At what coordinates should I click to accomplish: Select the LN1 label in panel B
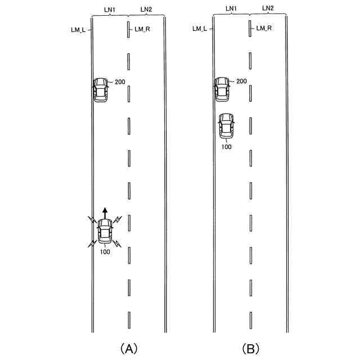(231, 8)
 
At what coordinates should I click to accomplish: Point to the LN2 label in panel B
(268, 8)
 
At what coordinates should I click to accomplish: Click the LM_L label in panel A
(79, 29)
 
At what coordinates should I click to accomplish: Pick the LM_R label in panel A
(141, 29)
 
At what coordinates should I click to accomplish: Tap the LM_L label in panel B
(200, 28)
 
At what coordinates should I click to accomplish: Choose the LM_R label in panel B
(264, 28)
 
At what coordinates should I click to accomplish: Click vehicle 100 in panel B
(226, 126)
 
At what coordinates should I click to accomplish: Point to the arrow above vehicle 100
(105, 213)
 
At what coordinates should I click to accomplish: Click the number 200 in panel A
(120, 82)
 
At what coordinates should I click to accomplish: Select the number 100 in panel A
(105, 251)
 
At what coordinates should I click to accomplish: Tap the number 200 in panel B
(241, 82)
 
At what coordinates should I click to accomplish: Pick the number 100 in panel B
(226, 147)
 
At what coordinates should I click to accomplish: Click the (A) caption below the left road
(129, 349)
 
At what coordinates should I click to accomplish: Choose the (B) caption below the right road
(250, 349)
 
